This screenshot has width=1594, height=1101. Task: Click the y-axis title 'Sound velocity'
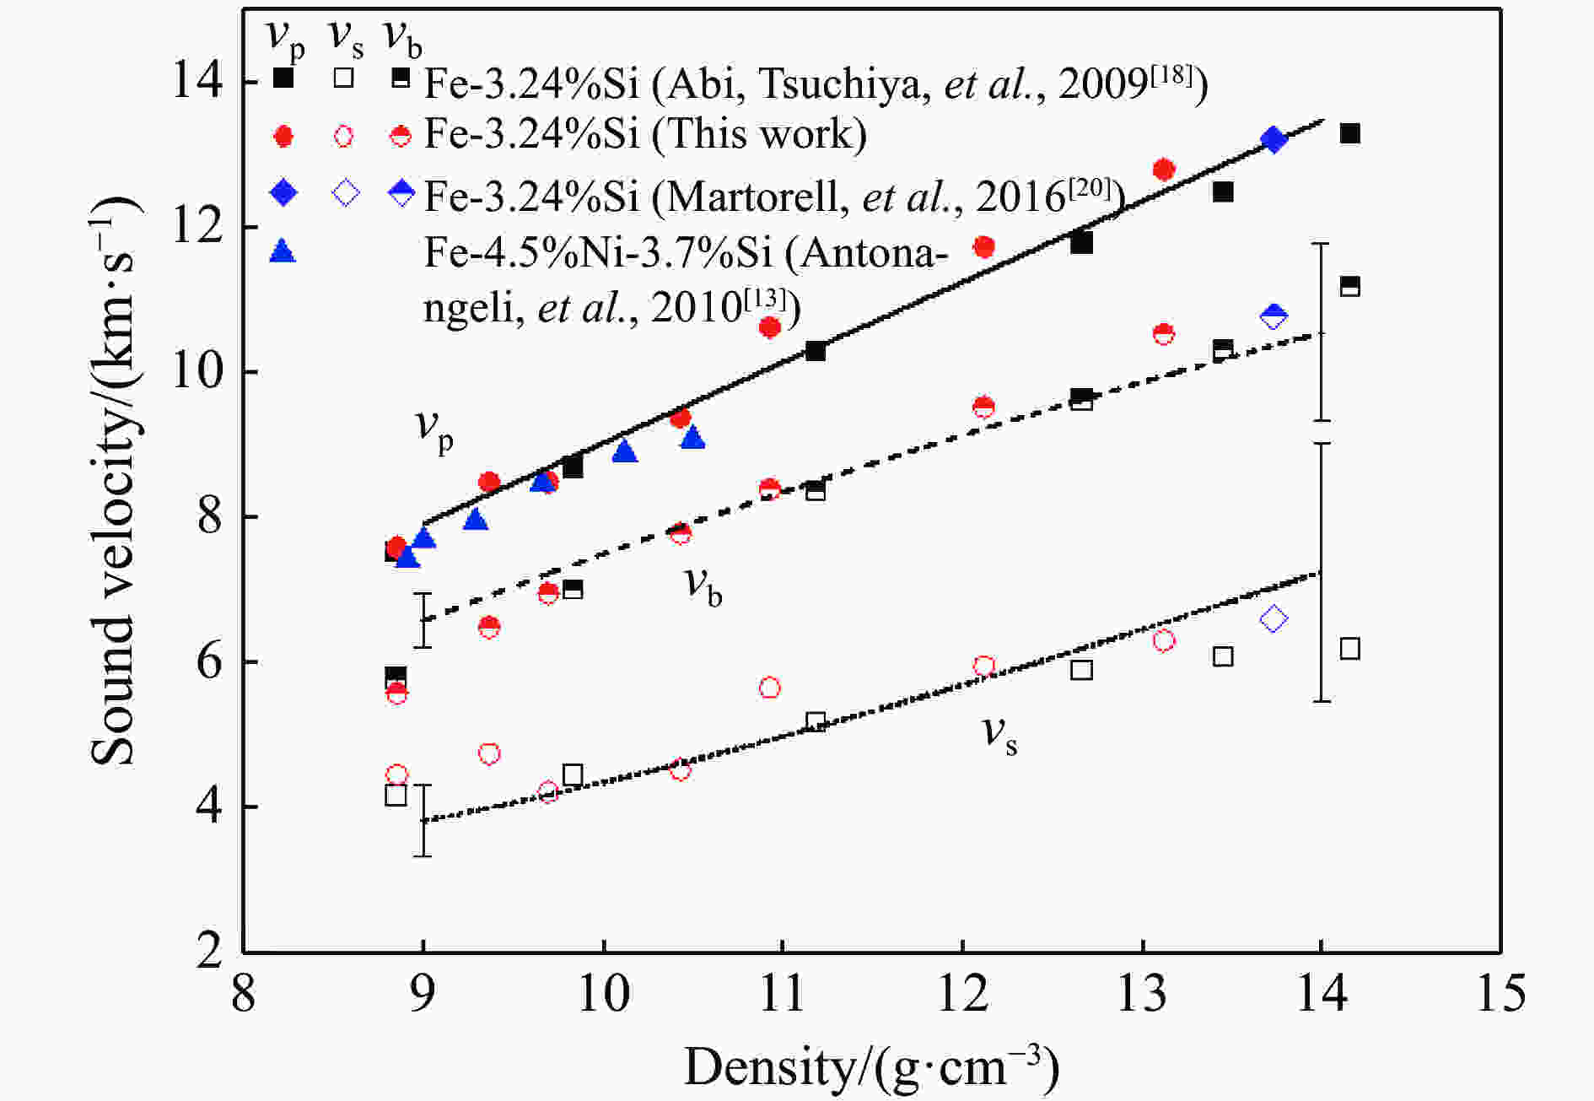coord(114,481)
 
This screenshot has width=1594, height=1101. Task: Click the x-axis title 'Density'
coord(870,1066)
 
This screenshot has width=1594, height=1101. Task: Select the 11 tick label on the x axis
coord(783,993)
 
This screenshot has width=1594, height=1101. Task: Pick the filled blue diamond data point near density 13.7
coord(1274,140)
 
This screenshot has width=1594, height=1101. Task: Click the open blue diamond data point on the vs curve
coord(1274,619)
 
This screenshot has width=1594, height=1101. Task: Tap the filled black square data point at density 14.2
coord(1349,133)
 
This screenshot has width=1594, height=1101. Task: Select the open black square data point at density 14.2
coord(1349,649)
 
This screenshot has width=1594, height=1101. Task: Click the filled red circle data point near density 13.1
coord(1164,170)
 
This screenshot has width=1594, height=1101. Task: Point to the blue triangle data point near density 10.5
coord(692,438)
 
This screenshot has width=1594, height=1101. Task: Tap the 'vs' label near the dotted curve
coord(1000,733)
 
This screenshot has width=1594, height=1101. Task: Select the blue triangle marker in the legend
coord(283,251)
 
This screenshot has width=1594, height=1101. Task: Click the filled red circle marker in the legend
coord(283,136)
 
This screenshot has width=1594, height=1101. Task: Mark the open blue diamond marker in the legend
coord(345,193)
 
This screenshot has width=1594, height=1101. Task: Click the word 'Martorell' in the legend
coord(751,196)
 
